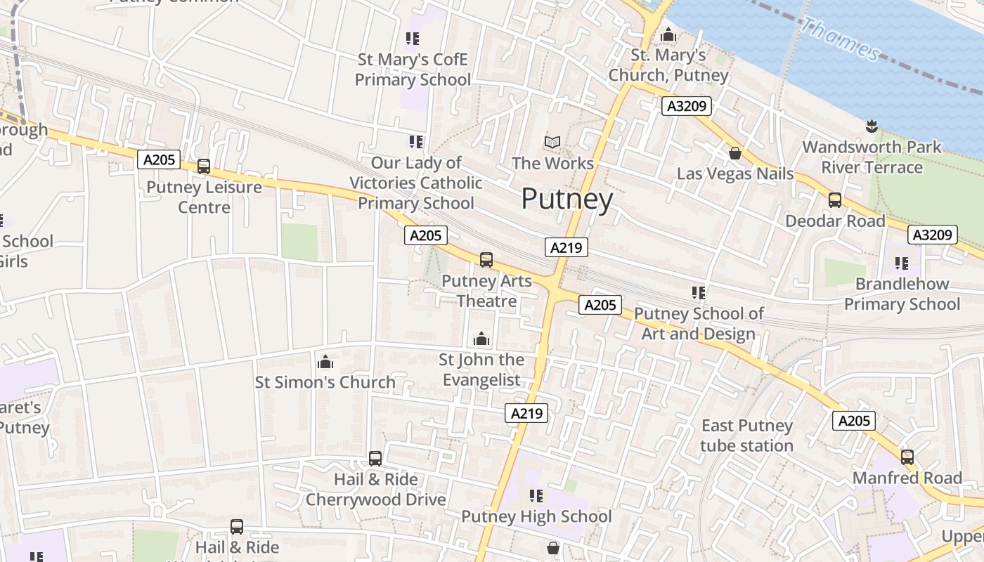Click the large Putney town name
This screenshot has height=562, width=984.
(567, 200)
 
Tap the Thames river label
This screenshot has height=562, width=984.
(841, 39)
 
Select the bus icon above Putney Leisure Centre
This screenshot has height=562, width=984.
(204, 166)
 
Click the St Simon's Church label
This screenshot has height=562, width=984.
(325, 382)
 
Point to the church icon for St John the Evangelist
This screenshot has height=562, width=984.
(481, 339)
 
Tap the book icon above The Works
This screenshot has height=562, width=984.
(552, 143)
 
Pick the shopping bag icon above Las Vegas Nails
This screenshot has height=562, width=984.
(735, 153)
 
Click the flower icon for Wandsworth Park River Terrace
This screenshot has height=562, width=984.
(872, 126)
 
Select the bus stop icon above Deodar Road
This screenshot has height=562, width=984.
(835, 200)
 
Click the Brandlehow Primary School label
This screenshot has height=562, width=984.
(902, 294)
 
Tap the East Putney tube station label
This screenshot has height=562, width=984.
(746, 436)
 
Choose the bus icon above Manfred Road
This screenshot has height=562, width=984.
(907, 457)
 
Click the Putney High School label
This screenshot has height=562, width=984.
(536, 516)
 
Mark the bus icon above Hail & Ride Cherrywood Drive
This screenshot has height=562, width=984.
(375, 459)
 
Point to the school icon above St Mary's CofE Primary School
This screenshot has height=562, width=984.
(413, 39)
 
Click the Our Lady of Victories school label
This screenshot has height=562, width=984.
(415, 183)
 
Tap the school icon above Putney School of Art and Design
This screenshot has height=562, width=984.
(698, 292)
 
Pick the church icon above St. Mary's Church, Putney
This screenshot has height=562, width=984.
(668, 34)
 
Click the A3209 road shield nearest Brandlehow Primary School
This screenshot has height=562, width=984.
(932, 235)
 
